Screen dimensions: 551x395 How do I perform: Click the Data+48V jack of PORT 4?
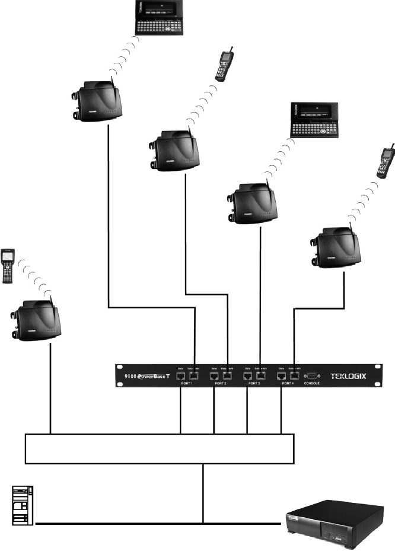pos(293,375)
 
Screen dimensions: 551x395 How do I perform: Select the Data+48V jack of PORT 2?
pos(227,375)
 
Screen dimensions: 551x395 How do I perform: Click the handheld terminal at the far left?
pos(10,265)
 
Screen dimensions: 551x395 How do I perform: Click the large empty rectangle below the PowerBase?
pos(160,448)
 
